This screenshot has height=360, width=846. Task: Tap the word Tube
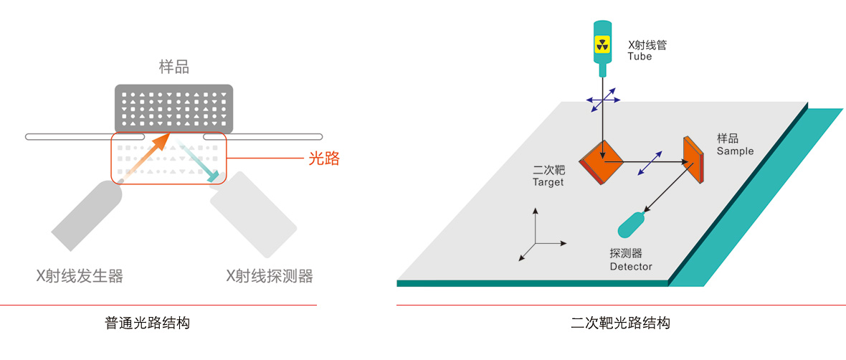pyautogui.click(x=640, y=57)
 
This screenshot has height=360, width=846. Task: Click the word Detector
pyautogui.click(x=631, y=267)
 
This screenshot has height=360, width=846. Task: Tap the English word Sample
pyautogui.click(x=735, y=151)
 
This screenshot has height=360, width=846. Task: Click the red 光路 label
pyautogui.click(x=323, y=159)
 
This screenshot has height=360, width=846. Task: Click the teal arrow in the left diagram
pyautogui.click(x=200, y=162)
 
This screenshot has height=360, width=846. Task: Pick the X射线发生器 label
pyautogui.click(x=80, y=276)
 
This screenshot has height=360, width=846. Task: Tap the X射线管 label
pyautogui.click(x=647, y=44)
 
